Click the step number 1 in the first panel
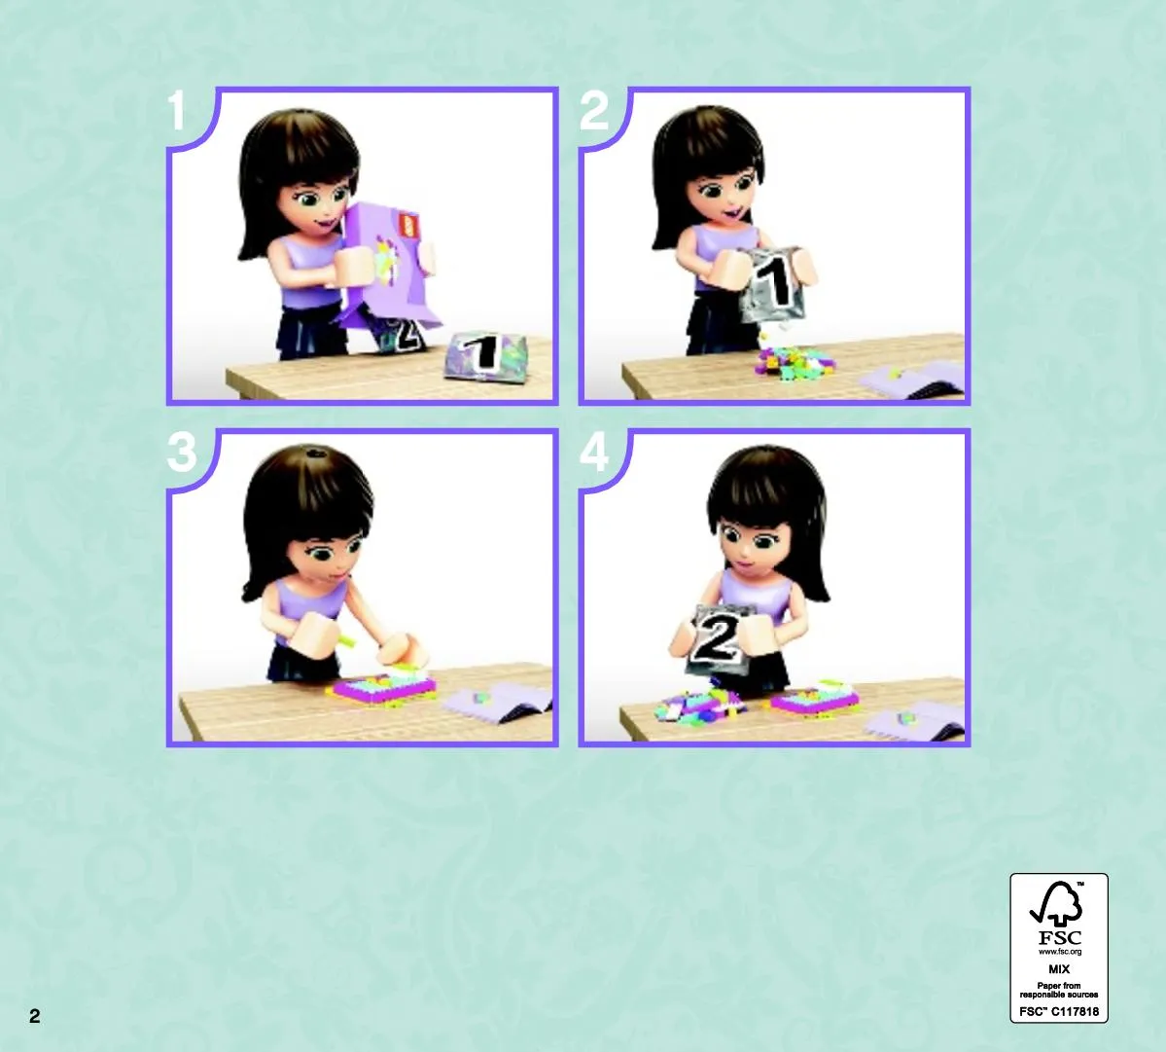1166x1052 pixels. (x=176, y=112)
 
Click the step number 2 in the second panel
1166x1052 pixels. (x=593, y=112)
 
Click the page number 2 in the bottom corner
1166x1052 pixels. (x=34, y=1016)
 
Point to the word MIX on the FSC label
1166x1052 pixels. (x=1059, y=969)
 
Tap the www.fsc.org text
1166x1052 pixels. (x=1060, y=952)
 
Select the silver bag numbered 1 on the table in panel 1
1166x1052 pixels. (x=485, y=356)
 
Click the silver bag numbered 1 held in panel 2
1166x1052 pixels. (x=772, y=284)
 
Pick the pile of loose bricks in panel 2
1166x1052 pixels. (x=795, y=362)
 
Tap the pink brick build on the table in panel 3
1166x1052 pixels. (x=382, y=687)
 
